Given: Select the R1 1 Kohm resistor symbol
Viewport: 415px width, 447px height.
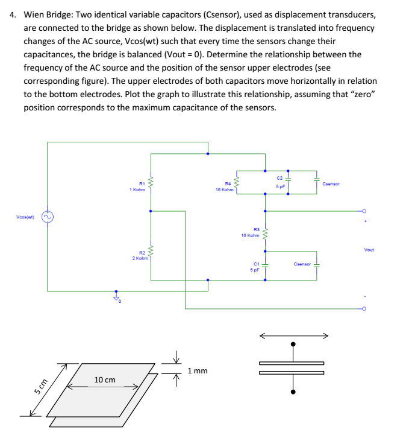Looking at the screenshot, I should (151, 182).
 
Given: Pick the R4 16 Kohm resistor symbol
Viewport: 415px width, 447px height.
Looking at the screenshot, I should (237, 182).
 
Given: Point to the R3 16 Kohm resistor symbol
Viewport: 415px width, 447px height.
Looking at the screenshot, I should (264, 232).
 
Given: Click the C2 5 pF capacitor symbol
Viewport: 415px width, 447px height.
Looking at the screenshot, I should (288, 179).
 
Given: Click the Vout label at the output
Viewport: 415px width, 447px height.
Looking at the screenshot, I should (369, 249).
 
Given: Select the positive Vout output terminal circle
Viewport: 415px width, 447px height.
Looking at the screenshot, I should (364, 212).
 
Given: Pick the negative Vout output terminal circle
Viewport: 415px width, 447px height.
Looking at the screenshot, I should (364, 308).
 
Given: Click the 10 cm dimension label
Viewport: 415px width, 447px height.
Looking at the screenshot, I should (105, 379).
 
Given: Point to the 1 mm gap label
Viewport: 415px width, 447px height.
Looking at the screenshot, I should (198, 370).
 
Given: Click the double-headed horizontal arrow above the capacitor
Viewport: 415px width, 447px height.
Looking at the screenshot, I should (293, 335).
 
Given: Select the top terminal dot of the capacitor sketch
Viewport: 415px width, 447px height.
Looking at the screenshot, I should (293, 345).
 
